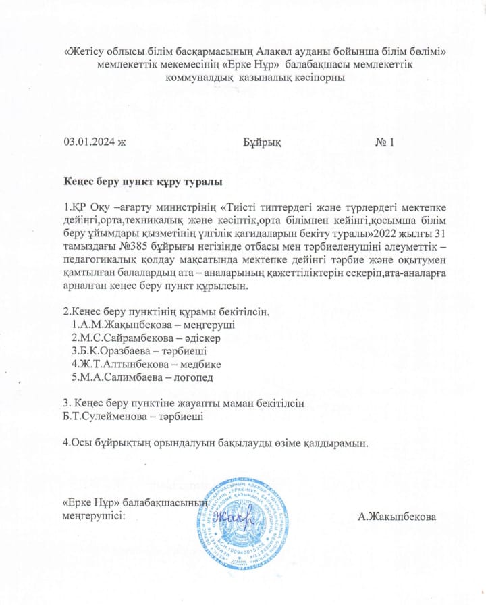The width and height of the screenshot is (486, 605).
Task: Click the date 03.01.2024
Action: click(x=90, y=142)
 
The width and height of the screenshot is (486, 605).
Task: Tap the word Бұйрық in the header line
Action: click(x=261, y=142)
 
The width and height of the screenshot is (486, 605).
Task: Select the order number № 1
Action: click(x=385, y=142)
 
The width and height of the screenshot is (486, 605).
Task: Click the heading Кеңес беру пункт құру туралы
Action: click(x=143, y=182)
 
